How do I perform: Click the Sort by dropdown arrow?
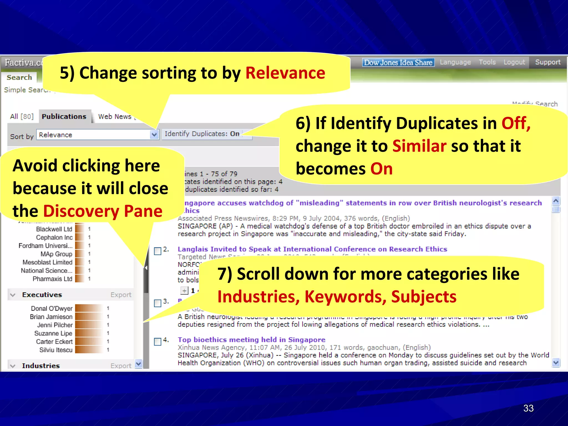click(x=154, y=135)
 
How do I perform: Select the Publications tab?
click(x=64, y=116)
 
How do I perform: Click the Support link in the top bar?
click(x=547, y=62)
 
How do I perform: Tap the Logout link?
click(x=514, y=62)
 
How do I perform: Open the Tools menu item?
click(x=487, y=62)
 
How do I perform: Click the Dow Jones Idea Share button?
click(x=398, y=62)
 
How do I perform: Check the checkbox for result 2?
click(x=158, y=251)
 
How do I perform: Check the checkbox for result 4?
click(x=158, y=341)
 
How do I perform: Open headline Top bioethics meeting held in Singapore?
click(x=251, y=340)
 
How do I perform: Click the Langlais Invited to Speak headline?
click(x=312, y=249)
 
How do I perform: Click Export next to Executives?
click(x=121, y=295)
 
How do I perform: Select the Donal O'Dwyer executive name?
click(x=52, y=308)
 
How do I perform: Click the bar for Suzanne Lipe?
click(x=89, y=333)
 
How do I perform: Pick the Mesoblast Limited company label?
click(x=47, y=262)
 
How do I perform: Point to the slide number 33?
click(x=528, y=408)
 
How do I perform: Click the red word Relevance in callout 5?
click(x=285, y=73)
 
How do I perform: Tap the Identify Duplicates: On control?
click(x=202, y=134)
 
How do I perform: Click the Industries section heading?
click(x=41, y=366)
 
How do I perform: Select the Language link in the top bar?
click(x=455, y=62)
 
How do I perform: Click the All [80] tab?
click(x=22, y=116)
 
